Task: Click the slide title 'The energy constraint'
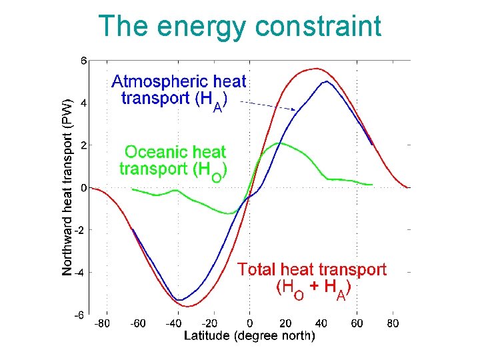point(240,27)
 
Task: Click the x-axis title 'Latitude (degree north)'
point(249,336)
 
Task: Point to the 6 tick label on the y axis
point(83,61)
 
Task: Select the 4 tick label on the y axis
point(83,103)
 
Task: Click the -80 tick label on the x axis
point(102,324)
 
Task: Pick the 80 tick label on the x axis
point(393,324)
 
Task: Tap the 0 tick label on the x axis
point(249,324)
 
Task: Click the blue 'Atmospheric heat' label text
point(179,82)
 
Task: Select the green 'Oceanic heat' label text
point(176,153)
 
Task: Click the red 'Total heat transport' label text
point(312,270)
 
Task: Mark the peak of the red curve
point(315,69)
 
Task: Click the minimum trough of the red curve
point(189,307)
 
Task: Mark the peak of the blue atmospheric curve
point(325,81)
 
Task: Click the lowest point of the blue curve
point(179,300)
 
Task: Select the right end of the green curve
point(371,184)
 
